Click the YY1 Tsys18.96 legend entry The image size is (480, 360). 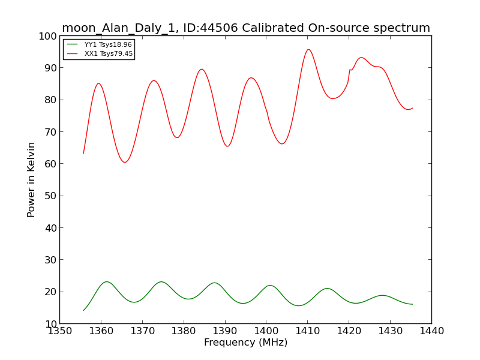pos(100,44)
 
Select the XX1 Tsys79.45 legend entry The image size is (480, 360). pos(100,53)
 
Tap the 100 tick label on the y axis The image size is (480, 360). pos(48,36)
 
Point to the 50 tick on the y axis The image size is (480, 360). pos(50,196)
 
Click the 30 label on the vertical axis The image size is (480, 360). pos(50,260)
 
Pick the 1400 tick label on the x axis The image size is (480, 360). pos(266,331)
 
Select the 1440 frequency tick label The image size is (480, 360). pos(431,331)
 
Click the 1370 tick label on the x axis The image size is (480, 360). pos(142,331)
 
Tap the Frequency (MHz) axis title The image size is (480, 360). pos(245,342)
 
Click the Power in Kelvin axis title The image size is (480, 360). pos(31,179)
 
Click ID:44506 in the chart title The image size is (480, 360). pos(211,28)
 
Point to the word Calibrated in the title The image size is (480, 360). pos(273,28)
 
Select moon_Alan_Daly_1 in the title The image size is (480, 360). pos(118,28)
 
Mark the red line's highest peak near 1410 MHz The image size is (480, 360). pos(308,50)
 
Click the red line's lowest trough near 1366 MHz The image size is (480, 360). pos(125,162)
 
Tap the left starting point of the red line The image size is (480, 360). pos(83,154)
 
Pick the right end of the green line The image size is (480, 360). pos(412,304)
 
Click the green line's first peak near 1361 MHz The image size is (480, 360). pos(107,281)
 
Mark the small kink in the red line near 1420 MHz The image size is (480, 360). pos(350,70)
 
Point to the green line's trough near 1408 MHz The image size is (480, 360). pos(299,305)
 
